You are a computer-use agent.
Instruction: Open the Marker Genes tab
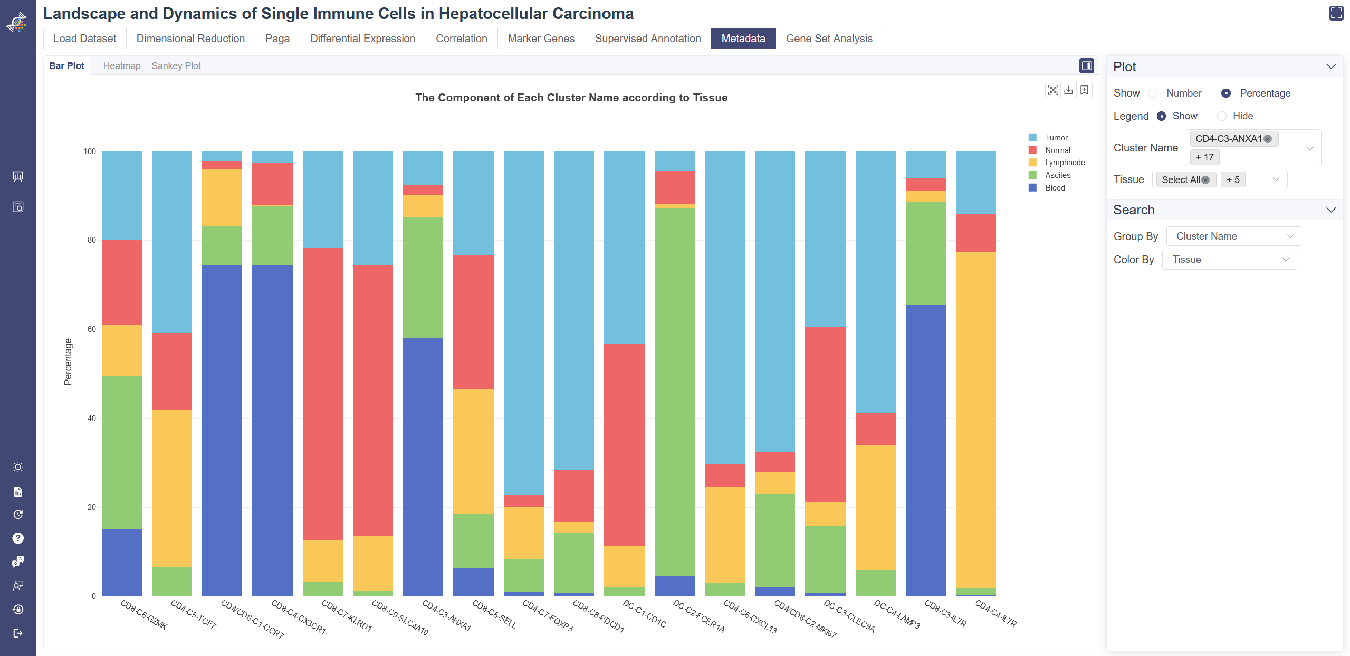pyautogui.click(x=541, y=39)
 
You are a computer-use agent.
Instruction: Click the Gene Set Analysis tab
pyautogui.click(x=829, y=39)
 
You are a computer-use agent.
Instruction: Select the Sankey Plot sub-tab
pyautogui.click(x=176, y=66)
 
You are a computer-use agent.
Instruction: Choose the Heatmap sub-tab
pyautogui.click(x=122, y=66)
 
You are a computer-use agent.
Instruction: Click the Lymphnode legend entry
pyautogui.click(x=1065, y=163)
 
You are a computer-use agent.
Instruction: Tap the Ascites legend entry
pyautogui.click(x=1057, y=175)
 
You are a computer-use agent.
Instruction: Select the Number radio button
pyautogui.click(x=1153, y=93)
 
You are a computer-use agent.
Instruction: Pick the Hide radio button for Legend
pyautogui.click(x=1222, y=116)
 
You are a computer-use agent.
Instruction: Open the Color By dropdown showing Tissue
pyautogui.click(x=1229, y=260)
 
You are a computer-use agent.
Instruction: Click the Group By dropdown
pyautogui.click(x=1233, y=236)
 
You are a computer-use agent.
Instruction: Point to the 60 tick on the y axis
pyautogui.click(x=92, y=329)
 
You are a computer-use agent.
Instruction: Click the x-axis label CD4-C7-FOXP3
pyautogui.click(x=548, y=615)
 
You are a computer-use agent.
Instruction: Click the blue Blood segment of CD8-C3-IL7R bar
pyautogui.click(x=925, y=449)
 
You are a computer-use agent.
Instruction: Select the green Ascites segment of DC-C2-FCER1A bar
pyautogui.click(x=674, y=391)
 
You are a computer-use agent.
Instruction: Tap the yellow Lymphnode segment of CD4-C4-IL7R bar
pyautogui.click(x=975, y=420)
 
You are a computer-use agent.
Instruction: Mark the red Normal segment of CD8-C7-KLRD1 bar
pyautogui.click(x=322, y=393)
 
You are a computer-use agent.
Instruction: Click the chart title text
pyautogui.click(x=571, y=98)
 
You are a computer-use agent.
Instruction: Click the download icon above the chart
pyautogui.click(x=1068, y=90)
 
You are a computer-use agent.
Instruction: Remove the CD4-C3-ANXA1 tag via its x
pyautogui.click(x=1268, y=139)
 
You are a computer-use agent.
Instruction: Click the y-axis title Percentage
pyautogui.click(x=68, y=362)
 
